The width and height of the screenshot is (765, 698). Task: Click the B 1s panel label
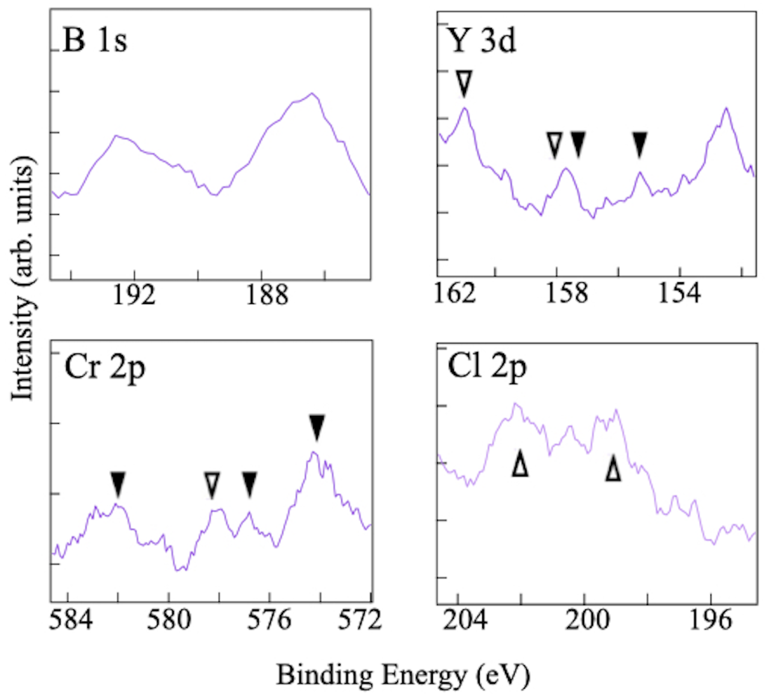point(94,41)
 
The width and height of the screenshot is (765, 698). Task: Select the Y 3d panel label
point(482,41)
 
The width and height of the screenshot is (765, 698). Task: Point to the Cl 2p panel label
point(487,367)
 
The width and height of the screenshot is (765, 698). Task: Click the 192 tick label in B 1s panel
point(134,296)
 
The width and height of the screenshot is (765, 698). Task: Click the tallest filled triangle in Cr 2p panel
point(317,427)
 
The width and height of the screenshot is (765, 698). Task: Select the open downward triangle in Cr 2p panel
point(212,485)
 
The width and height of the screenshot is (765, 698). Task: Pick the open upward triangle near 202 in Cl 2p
point(520,463)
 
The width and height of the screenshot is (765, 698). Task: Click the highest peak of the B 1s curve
point(312,93)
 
